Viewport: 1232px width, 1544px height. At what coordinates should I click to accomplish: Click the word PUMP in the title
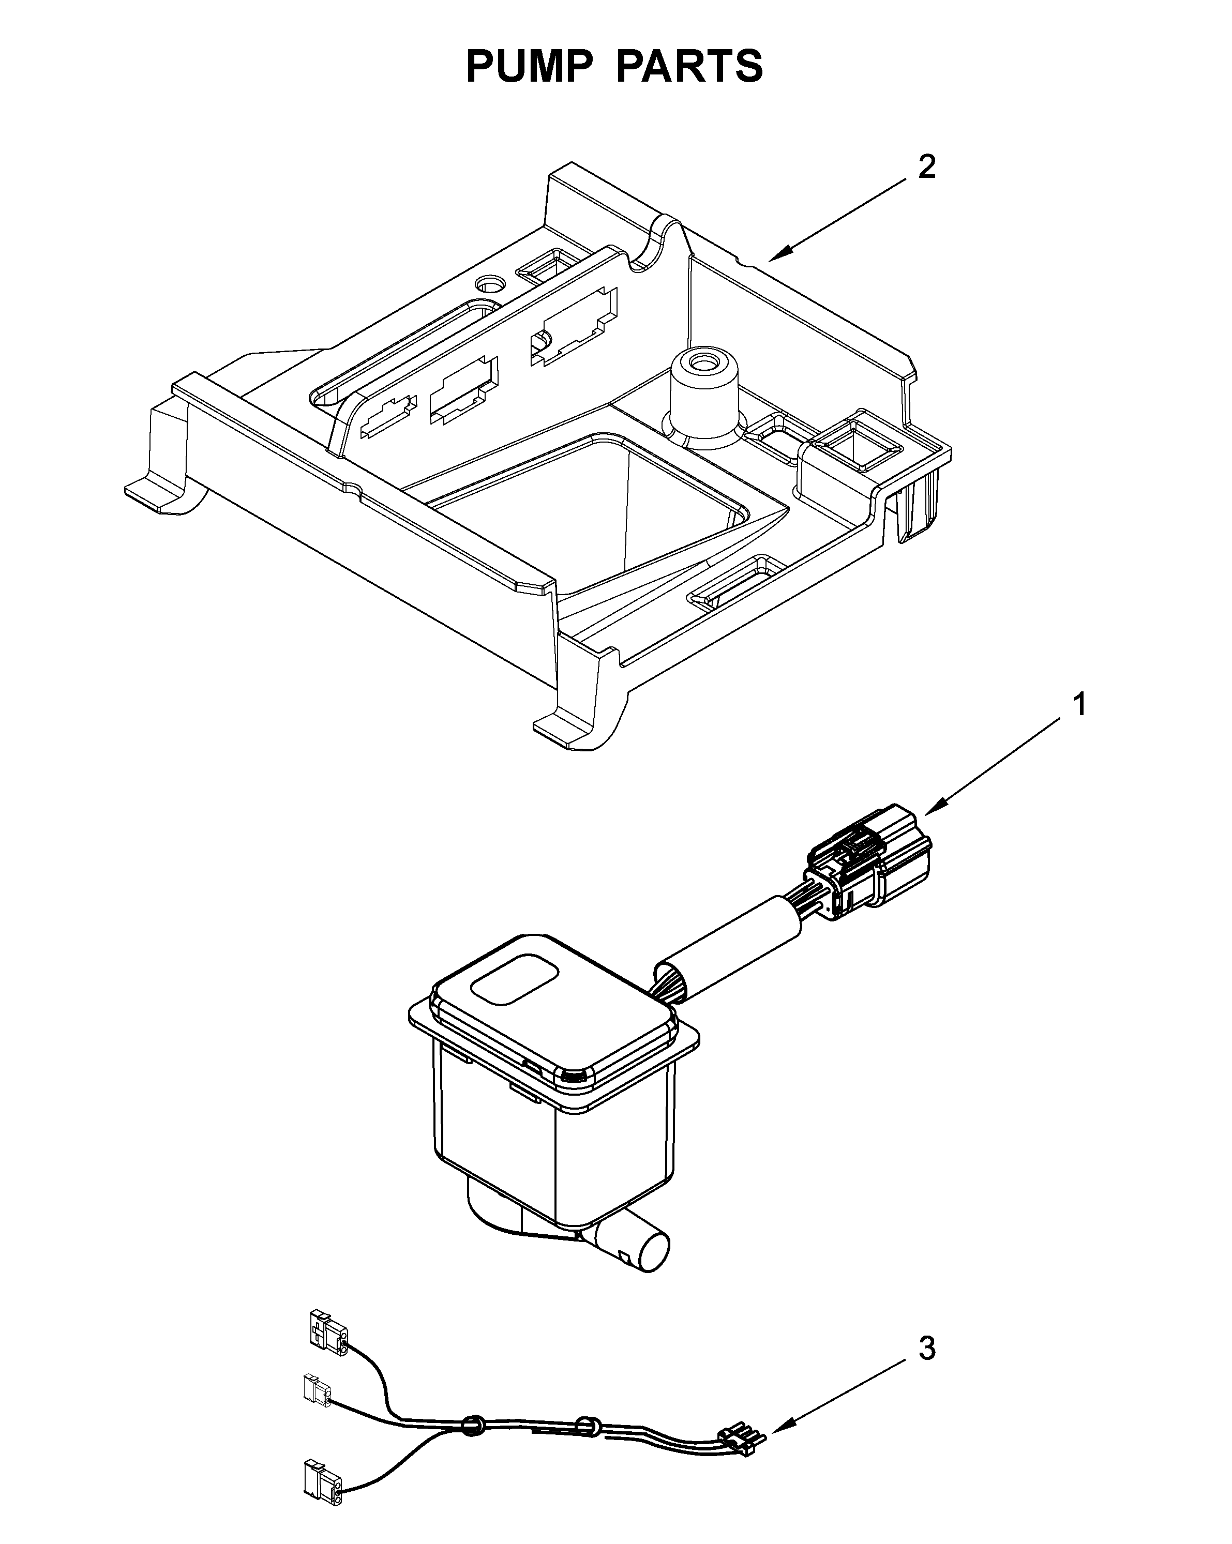pyautogui.click(x=528, y=67)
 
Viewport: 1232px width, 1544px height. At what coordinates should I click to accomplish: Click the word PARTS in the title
pyautogui.click(x=689, y=67)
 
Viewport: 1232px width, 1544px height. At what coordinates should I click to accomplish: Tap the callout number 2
pyautogui.click(x=926, y=167)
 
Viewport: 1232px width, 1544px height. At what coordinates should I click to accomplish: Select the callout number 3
pyautogui.click(x=926, y=1349)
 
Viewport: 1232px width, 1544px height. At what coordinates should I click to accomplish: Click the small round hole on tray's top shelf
pyautogui.click(x=491, y=283)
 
